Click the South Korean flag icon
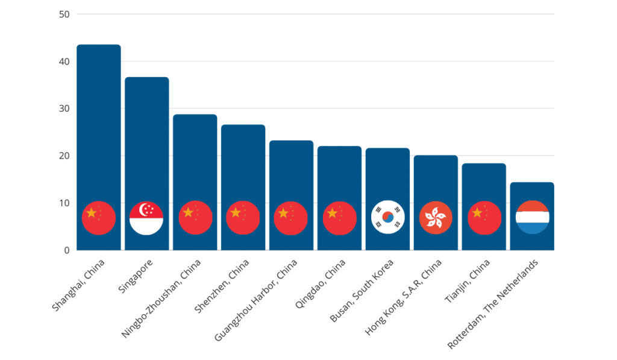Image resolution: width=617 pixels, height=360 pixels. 387,218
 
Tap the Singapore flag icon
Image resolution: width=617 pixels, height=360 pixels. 147,218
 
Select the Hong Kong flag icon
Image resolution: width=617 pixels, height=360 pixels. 436,218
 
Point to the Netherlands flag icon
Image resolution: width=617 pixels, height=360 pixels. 532,218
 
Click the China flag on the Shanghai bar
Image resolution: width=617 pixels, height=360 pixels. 99,218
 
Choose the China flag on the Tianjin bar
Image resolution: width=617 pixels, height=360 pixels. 484,218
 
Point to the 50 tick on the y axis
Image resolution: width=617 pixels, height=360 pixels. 64,14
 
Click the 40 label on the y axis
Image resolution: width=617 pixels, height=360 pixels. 64,62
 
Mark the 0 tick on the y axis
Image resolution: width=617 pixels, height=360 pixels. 66,250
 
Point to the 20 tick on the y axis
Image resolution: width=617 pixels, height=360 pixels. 64,156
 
